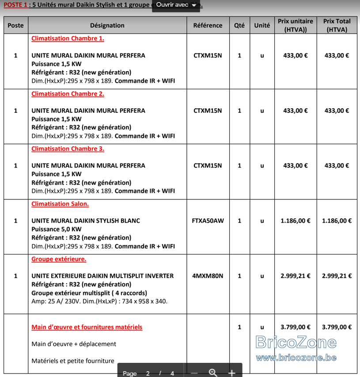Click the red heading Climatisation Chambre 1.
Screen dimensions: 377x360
point(68,38)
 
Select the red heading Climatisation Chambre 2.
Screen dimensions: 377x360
point(68,94)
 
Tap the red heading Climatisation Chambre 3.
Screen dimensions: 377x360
point(68,149)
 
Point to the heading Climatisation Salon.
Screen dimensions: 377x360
point(60,204)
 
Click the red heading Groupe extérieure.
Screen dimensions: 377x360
point(59,259)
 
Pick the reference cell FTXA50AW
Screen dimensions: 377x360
point(208,221)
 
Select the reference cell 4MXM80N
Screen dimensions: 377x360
point(208,276)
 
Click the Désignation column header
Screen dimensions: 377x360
point(107,26)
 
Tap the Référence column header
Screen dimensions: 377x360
point(208,26)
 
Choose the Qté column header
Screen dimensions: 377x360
point(239,26)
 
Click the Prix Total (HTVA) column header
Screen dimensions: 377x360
point(337,26)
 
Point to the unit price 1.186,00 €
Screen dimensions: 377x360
point(295,221)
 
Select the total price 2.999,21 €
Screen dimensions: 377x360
point(337,276)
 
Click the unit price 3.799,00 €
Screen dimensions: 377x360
point(295,327)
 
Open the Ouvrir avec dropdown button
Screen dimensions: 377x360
point(176,5)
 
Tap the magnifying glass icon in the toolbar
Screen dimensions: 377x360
point(213,373)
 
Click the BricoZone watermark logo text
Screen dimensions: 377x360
point(296,343)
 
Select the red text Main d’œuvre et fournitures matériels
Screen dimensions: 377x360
point(87,327)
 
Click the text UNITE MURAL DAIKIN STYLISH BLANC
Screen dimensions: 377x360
point(86,221)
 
